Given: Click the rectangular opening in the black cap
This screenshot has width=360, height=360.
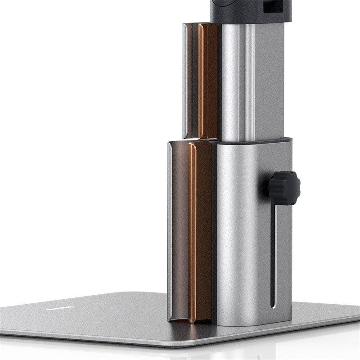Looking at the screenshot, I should pyautogui.click(x=272, y=6).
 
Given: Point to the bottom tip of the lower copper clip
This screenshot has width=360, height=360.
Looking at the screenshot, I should pyautogui.click(x=193, y=320).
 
